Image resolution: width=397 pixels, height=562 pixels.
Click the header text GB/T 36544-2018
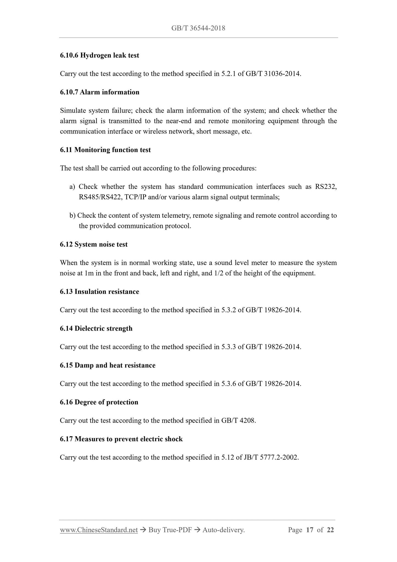pyautogui.click(x=198, y=28)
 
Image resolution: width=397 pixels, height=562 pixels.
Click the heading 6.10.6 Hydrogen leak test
pyautogui.click(x=99, y=55)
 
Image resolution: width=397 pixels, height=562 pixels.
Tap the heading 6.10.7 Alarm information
pyautogui.click(x=99, y=92)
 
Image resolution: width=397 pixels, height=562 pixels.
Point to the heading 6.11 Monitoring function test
pyautogui.click(x=105, y=150)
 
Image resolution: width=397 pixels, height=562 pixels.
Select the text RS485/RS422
pyautogui.click(x=100, y=197)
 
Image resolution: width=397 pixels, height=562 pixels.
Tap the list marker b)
pyautogui.click(x=72, y=216)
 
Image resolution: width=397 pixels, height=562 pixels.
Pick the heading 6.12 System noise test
pyautogui.click(x=94, y=244)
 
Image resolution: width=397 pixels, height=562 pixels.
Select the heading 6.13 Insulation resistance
pyautogui.click(x=99, y=292)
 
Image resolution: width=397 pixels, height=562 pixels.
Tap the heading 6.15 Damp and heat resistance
pyautogui.click(x=107, y=365)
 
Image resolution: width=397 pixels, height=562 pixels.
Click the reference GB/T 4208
pyautogui.click(x=238, y=421)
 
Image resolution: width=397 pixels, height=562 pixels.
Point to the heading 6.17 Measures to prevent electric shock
pyautogui.click(x=121, y=439)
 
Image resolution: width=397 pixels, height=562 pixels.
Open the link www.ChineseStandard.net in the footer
pyautogui.click(x=99, y=530)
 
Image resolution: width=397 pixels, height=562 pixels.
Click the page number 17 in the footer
pyautogui.click(x=309, y=530)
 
